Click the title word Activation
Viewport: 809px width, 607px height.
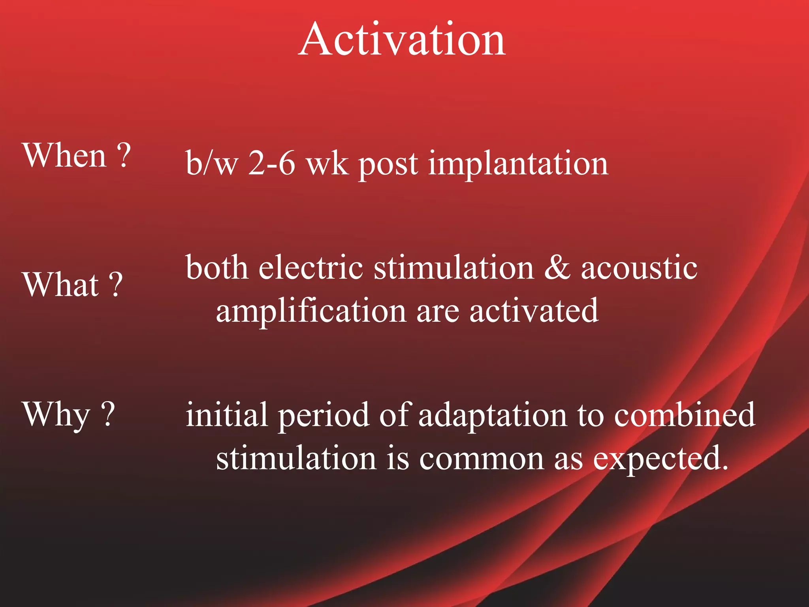click(x=402, y=40)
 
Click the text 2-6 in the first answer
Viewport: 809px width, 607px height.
click(x=272, y=163)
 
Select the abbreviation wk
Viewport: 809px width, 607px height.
click(x=327, y=163)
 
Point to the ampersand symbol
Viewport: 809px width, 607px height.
click(x=557, y=268)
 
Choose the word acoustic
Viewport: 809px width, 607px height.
click(x=639, y=268)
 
